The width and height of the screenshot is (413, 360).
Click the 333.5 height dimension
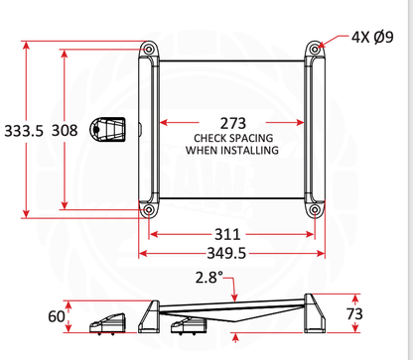[24, 130]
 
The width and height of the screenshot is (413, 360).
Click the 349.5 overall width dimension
[229, 254]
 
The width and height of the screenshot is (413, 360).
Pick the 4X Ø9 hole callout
[373, 37]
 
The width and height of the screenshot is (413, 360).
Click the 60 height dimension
[56, 316]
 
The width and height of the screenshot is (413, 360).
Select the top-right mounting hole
[315, 48]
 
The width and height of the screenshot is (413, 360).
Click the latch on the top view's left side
[111, 129]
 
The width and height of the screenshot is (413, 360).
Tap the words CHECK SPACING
[231, 138]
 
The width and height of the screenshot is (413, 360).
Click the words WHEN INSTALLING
[231, 151]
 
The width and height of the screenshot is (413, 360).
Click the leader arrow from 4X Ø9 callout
[332, 41]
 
